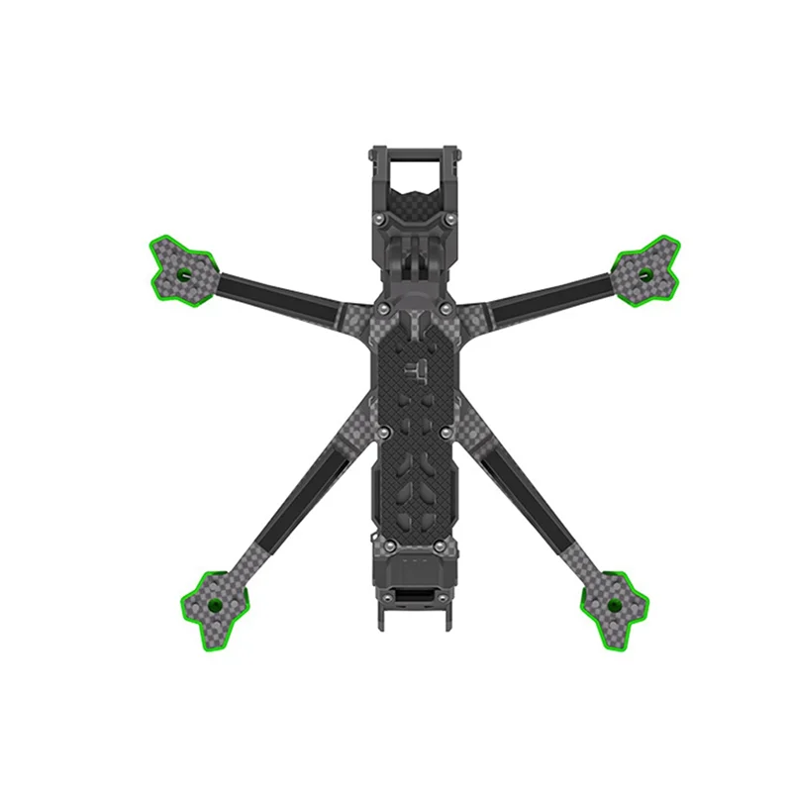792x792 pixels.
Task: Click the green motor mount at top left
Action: [179, 265]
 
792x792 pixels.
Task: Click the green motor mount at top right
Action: [646, 268]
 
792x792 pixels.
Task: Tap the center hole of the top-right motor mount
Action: [645, 273]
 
